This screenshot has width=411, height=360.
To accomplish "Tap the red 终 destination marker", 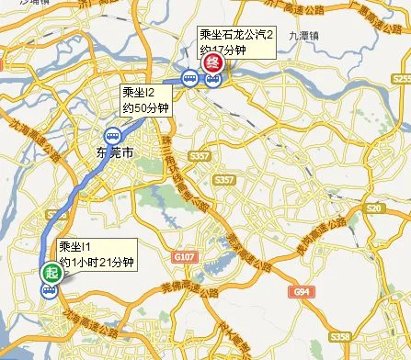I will (212, 63).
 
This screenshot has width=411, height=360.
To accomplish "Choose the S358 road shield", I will (342, 336).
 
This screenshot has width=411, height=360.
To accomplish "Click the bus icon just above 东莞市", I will (112, 136).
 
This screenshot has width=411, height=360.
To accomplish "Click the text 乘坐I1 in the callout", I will (75, 247).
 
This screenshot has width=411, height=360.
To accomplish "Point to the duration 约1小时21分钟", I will (97, 262).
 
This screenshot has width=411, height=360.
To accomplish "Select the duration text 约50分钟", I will (145, 107).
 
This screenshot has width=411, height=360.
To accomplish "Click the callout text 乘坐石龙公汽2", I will (237, 35).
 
